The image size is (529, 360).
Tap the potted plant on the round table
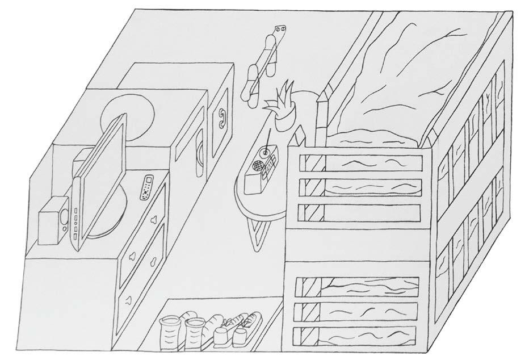283,108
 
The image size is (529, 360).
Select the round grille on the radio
258,166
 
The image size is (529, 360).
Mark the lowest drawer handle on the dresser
129,298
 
